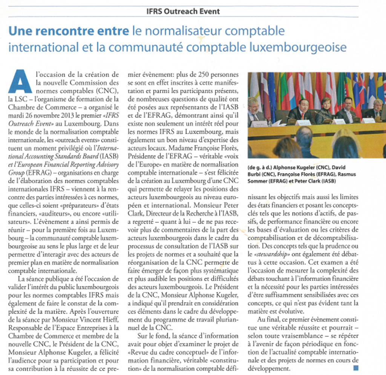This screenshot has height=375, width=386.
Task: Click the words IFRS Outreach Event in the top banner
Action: coord(183,11)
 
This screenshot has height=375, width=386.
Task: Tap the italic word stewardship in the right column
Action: coord(265,253)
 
